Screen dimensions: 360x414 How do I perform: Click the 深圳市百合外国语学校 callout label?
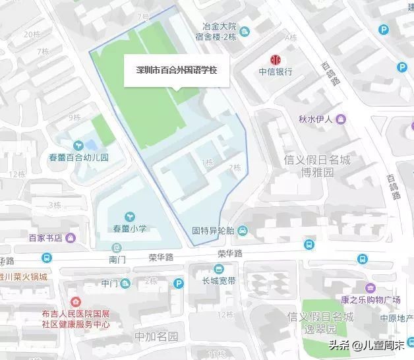tap(176, 70)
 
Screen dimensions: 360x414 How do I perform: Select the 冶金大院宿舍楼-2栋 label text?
tap(220, 32)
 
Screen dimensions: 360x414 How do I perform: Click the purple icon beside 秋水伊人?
tap(341, 119)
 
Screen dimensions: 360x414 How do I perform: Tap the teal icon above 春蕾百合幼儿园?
tap(78, 144)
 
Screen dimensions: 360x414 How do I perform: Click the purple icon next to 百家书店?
tap(71, 237)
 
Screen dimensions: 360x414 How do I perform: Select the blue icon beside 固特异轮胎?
tap(243, 231)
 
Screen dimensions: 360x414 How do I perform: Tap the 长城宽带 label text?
tap(219, 280)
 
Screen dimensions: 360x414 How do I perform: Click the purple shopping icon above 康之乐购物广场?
tap(370, 288)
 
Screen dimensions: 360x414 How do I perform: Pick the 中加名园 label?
tap(156, 336)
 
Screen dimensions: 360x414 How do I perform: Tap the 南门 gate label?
tap(118, 260)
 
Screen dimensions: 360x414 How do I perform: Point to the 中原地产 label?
tap(396, 318)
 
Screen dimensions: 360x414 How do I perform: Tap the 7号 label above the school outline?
tap(143, 16)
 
